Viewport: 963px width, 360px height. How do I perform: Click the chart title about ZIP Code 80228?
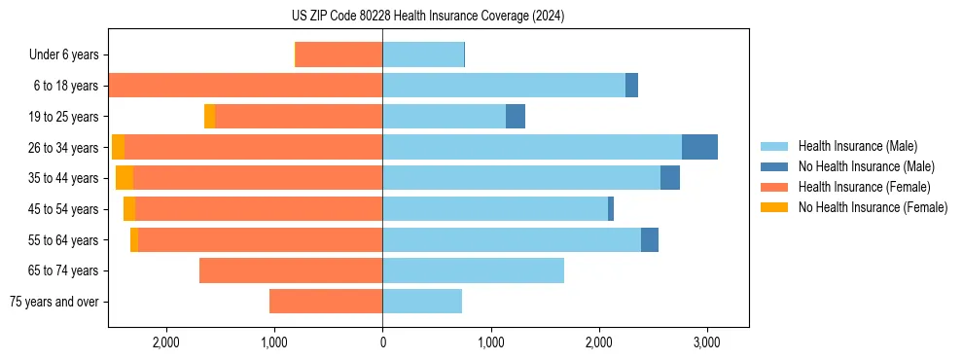(427, 17)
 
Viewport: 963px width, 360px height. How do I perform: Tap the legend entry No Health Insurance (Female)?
(872, 207)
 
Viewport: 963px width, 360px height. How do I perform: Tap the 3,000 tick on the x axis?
(707, 342)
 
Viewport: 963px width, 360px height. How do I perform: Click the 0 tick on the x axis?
(382, 342)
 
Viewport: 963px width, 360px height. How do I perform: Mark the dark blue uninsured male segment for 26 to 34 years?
(699, 147)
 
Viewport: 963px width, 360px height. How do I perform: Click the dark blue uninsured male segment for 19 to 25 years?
(516, 117)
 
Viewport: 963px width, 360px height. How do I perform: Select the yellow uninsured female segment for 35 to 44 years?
(125, 178)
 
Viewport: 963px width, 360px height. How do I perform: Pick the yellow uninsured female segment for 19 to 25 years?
(209, 117)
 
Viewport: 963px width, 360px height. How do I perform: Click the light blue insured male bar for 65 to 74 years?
(473, 270)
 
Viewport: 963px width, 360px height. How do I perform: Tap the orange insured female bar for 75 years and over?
(326, 302)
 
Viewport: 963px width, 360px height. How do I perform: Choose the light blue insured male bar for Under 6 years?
(423, 55)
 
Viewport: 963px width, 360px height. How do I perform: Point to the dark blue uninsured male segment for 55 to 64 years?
(649, 239)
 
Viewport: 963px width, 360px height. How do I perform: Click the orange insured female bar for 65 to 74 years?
(291, 270)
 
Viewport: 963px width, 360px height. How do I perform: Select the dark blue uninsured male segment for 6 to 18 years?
(631, 86)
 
